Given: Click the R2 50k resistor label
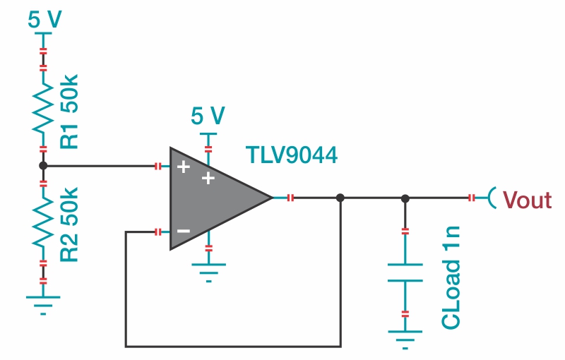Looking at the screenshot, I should coord(71,224).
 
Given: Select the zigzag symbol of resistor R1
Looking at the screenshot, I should coord(43,109).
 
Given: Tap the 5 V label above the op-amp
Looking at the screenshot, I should coord(208,115).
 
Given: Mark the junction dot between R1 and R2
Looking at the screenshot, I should coord(43,167).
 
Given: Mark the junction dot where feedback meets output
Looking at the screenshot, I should coord(340,198).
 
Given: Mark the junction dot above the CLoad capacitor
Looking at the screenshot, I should coord(405,198).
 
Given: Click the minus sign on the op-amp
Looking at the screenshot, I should coord(184,231).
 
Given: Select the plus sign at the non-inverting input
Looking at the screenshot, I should coord(184,167).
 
